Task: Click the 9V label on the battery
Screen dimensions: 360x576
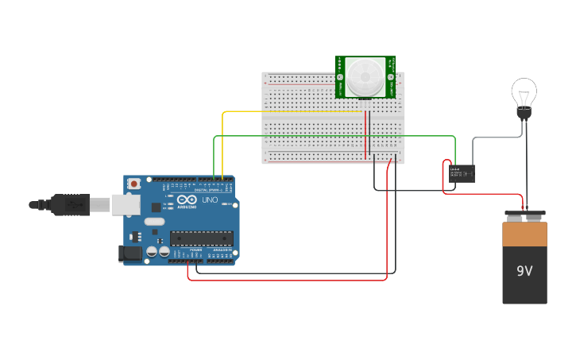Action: (x=524, y=271)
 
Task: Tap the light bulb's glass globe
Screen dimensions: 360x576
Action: (x=524, y=90)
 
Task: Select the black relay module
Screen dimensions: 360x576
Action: (x=462, y=173)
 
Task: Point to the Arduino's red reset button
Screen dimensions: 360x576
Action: (x=134, y=184)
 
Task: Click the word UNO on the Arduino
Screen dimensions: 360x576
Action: (x=210, y=200)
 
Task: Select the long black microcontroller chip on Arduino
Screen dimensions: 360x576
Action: (x=201, y=237)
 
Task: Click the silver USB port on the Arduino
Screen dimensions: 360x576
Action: (x=123, y=204)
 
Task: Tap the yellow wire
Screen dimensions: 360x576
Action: (x=294, y=112)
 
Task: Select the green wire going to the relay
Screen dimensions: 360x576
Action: (x=334, y=136)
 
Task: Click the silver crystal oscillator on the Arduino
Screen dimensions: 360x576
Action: (x=154, y=222)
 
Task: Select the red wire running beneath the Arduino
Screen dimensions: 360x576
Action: (x=286, y=280)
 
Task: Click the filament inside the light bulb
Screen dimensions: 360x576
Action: (x=524, y=97)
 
